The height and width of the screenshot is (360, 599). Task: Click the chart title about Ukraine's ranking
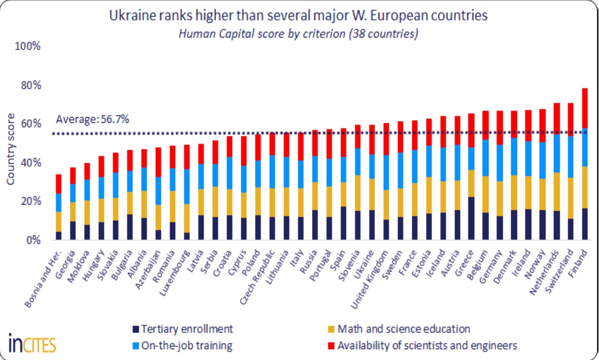coord(299,16)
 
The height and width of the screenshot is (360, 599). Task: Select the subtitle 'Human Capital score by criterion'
coord(299,34)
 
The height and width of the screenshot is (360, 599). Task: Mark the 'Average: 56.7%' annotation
coord(93,119)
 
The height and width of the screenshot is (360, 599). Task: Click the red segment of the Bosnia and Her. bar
coord(59,184)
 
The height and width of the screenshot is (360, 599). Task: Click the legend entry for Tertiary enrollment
coord(182,329)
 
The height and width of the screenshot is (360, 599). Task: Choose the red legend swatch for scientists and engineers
coord(332,345)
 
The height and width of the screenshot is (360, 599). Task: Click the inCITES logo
coord(32,343)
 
